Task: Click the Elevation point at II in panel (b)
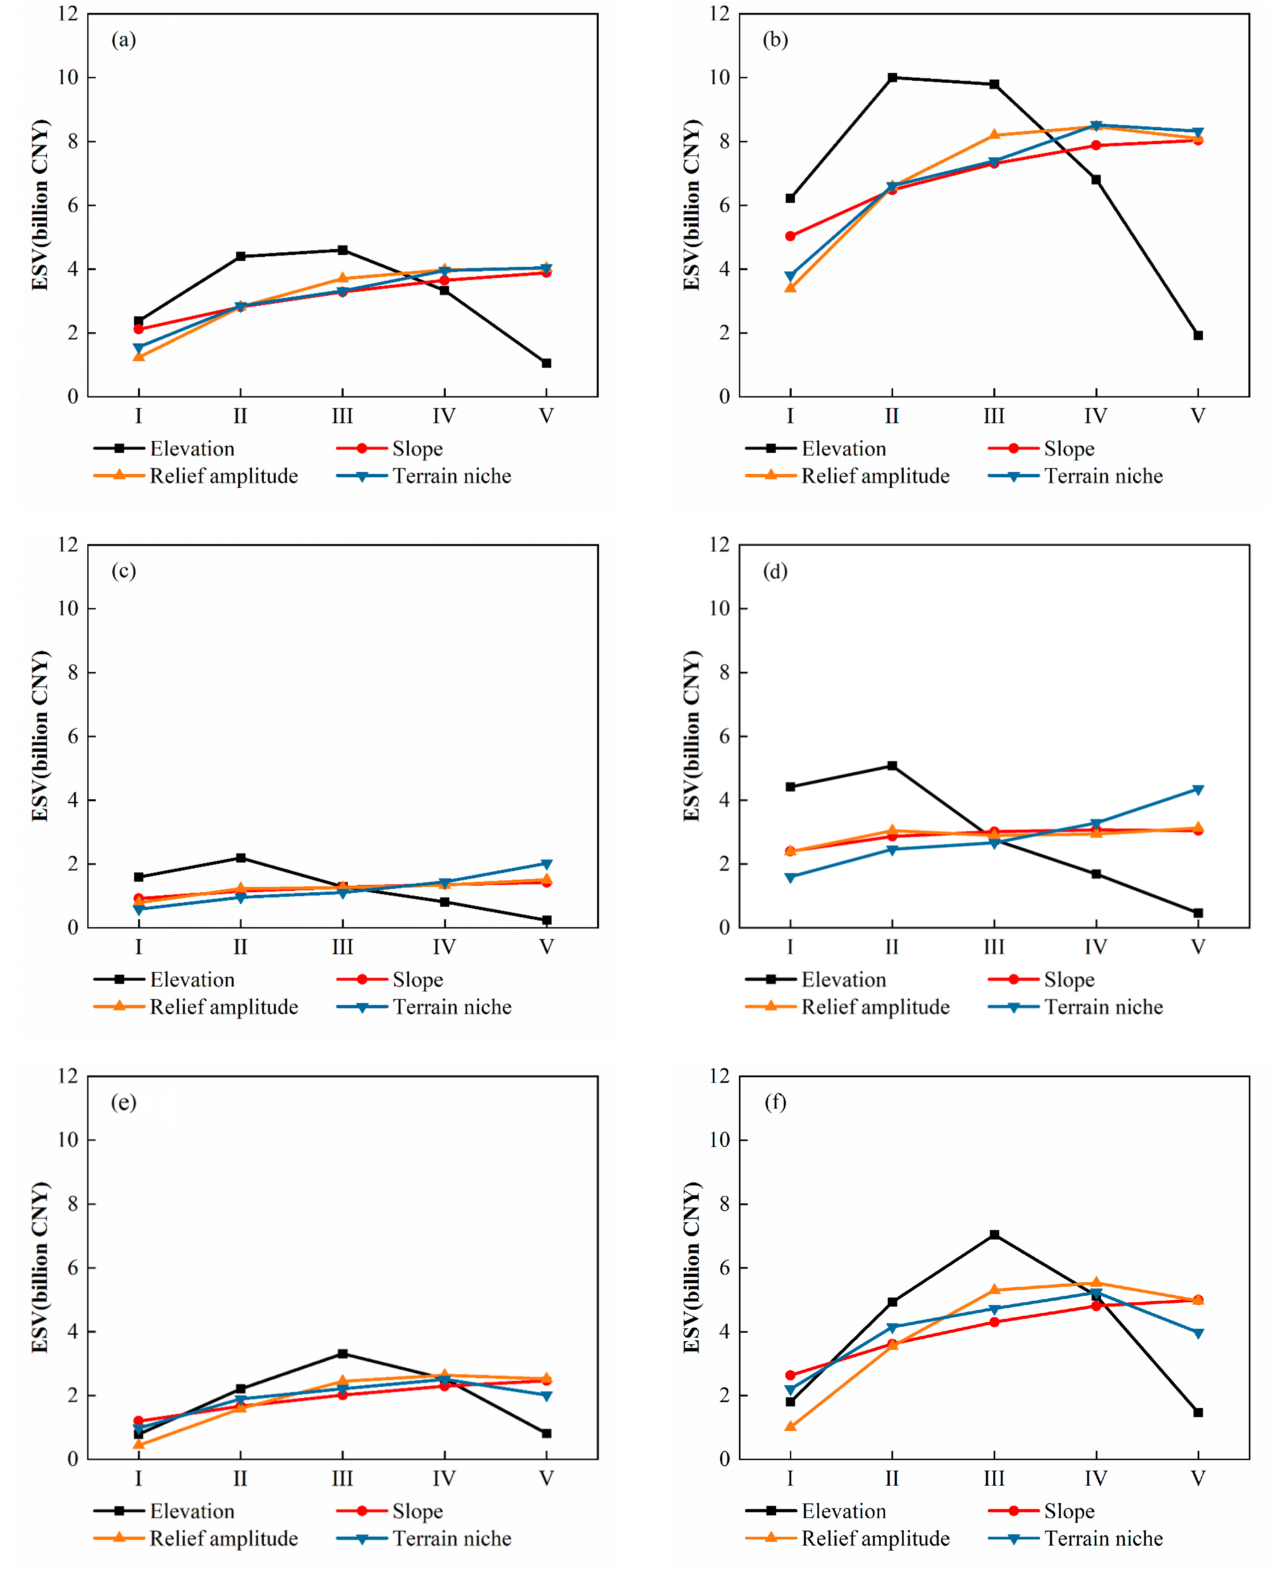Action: click(x=892, y=78)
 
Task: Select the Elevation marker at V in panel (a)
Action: click(x=546, y=363)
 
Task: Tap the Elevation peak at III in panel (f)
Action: click(x=994, y=1235)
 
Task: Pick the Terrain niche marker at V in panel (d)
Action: click(x=1198, y=790)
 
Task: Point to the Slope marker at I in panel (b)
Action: click(x=790, y=236)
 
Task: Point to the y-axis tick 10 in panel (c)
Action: click(x=68, y=608)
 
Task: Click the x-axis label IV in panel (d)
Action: click(x=1095, y=947)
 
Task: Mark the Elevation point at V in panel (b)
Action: click(x=1198, y=335)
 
